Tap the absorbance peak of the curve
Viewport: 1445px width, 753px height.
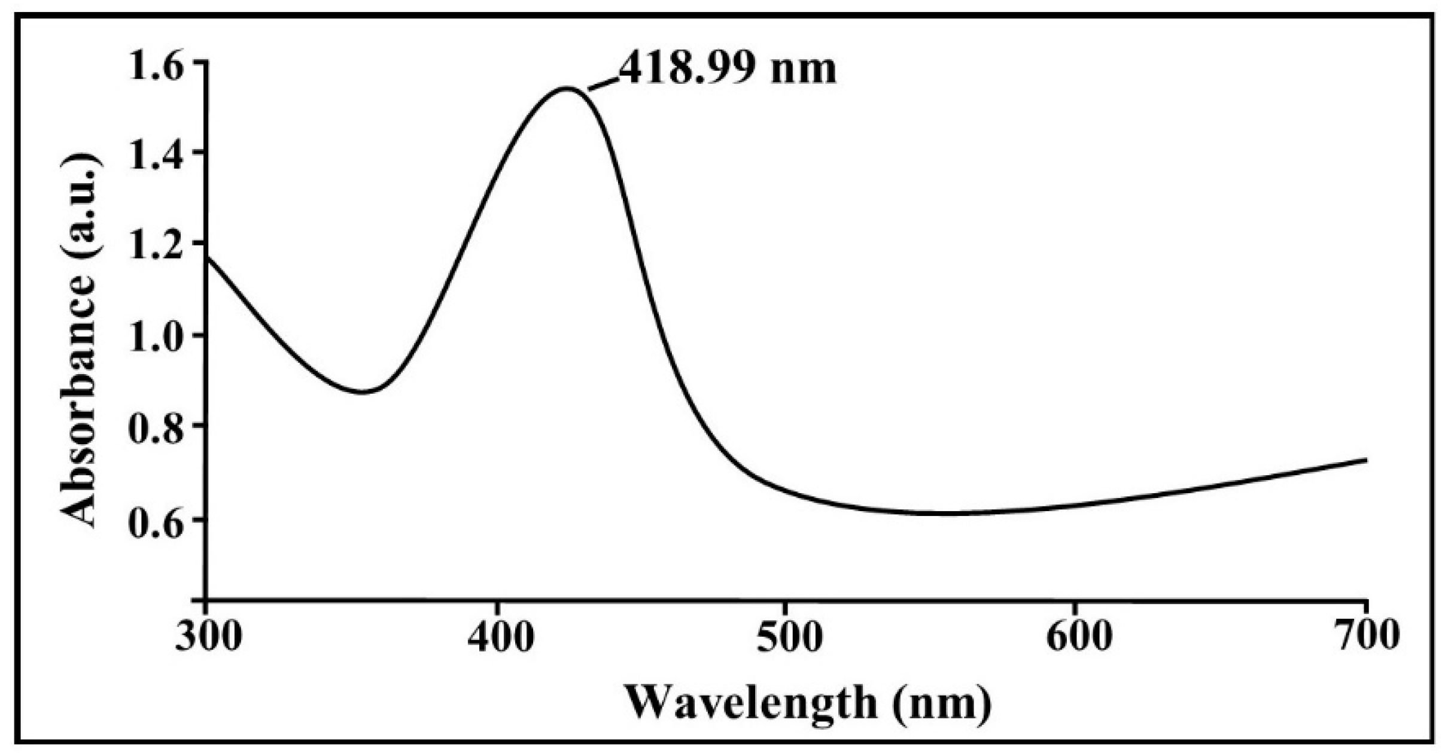pos(565,89)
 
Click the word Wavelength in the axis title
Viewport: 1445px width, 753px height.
pos(751,704)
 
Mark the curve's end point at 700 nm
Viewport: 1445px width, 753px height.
pos(1366,460)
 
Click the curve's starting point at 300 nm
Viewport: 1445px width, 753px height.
pos(207,256)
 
